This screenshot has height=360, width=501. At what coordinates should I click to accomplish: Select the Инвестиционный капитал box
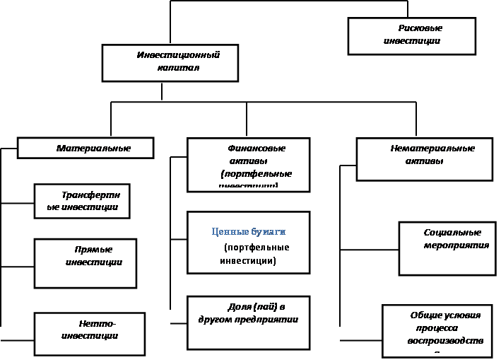point(162,63)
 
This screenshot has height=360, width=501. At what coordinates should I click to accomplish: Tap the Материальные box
point(85,148)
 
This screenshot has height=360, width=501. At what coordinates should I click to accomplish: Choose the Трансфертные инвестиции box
point(83,200)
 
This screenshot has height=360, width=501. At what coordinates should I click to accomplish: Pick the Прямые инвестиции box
point(86,262)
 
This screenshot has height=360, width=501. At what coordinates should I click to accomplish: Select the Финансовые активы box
point(248,165)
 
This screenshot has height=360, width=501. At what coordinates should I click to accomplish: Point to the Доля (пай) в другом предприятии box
point(248,322)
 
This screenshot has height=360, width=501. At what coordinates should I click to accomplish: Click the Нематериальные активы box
point(424,159)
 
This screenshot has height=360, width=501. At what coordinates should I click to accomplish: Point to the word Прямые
point(93,250)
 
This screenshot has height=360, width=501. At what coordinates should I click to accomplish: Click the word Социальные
point(452,232)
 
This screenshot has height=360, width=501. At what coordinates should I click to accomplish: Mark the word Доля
point(240,307)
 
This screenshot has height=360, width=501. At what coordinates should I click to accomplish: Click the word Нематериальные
point(432,149)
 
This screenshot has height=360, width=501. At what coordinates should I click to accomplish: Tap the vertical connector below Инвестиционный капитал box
point(162,91)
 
